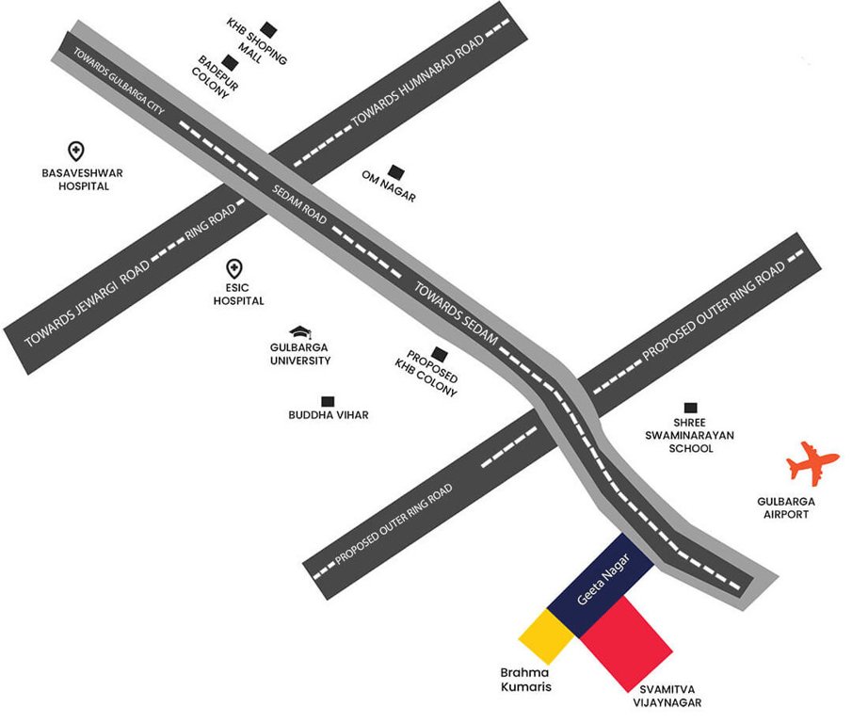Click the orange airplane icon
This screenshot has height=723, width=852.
click(x=812, y=464)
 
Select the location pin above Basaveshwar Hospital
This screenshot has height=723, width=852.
click(x=76, y=151)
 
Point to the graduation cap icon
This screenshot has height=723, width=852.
click(x=300, y=332)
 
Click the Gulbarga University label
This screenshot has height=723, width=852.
click(x=300, y=354)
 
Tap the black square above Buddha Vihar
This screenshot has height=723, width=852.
click(x=328, y=401)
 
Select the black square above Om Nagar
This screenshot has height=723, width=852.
click(x=395, y=172)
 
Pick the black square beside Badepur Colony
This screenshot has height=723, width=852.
click(x=228, y=63)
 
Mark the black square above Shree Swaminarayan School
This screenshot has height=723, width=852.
click(x=691, y=408)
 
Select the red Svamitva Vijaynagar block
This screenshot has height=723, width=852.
click(x=625, y=641)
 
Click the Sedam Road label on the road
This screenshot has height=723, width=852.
click(x=300, y=203)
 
